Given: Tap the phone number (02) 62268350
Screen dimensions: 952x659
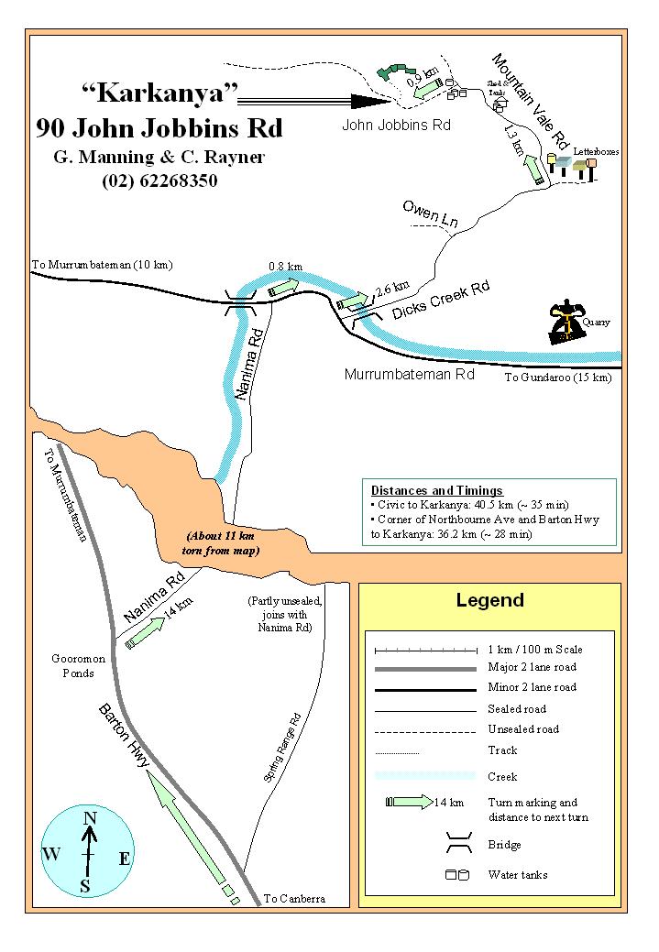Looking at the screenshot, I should click(159, 181).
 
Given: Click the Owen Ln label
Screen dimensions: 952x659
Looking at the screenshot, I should click(430, 215).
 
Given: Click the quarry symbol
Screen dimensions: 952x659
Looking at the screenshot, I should click(567, 323).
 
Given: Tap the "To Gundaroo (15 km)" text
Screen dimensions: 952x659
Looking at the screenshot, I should click(557, 378).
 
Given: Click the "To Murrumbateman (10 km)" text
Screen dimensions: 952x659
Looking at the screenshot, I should click(102, 266).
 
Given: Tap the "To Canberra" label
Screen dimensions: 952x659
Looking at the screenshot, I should click(293, 899).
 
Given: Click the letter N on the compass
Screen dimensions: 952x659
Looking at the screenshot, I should click(90, 819).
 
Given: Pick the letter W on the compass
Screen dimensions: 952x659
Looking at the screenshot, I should click(51, 855).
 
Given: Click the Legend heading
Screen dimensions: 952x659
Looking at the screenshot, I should click(489, 601).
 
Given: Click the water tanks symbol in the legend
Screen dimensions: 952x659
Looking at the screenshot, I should click(457, 875).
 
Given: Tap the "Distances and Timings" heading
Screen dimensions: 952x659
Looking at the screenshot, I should click(436, 490).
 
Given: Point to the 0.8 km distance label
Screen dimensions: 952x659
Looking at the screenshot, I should click(283, 267).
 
